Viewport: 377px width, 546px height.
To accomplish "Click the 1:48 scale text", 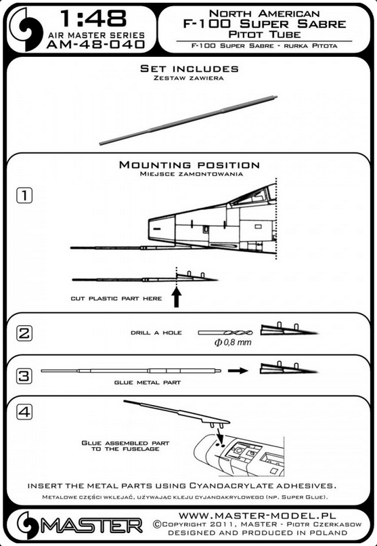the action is [93, 19].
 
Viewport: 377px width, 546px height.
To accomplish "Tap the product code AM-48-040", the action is [95, 44].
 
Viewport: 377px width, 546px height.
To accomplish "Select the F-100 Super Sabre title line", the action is [265, 24].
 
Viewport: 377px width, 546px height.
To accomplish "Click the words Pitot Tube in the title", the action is [265, 35].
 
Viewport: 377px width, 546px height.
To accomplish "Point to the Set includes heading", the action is [190, 68].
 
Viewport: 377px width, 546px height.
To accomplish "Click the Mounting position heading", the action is [190, 165].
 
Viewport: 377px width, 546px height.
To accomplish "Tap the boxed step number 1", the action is [24, 195].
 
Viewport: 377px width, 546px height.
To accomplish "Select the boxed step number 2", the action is [24, 333].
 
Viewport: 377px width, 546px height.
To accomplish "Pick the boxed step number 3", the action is [24, 376].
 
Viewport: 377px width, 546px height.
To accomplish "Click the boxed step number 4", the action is [24, 412].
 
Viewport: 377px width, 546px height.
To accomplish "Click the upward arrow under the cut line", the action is [177, 299].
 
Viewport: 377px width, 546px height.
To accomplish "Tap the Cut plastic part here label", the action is [116, 299].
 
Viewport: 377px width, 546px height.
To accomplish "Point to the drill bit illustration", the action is [225, 333].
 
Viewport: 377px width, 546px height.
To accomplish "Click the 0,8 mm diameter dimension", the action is [233, 342].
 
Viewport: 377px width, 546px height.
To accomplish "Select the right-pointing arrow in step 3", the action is [238, 371].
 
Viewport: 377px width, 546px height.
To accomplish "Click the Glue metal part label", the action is [148, 382].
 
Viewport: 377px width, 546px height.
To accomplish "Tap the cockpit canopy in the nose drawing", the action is [253, 196].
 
